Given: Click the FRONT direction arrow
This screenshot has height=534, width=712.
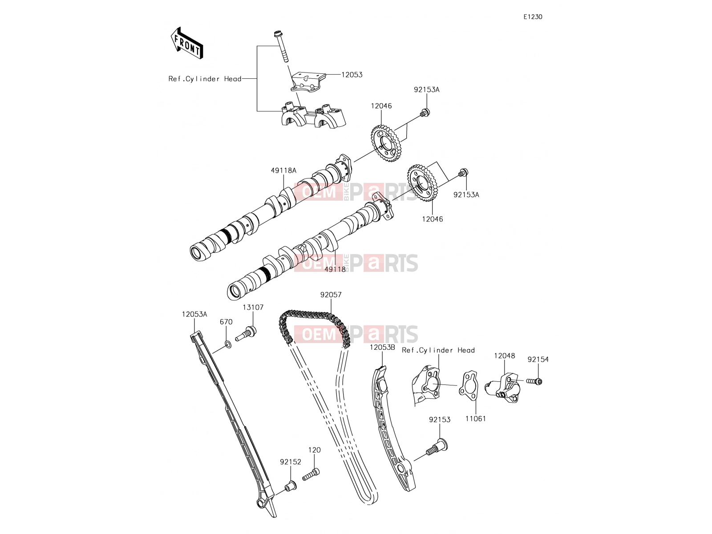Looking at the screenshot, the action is (187, 43).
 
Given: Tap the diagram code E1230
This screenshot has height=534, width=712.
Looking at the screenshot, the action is (533, 17).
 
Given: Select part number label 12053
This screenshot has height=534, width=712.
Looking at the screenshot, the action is (352, 75).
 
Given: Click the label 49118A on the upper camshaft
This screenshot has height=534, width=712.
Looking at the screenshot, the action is (284, 170).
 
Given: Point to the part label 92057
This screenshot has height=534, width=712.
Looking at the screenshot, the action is (331, 295).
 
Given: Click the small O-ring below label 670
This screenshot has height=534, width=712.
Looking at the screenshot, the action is (228, 344).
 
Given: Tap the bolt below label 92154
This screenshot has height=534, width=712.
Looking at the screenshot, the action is (534, 381).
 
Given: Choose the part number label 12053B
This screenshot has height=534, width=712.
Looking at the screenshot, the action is (382, 348).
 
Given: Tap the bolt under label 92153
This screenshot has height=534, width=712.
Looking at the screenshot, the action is (437, 448).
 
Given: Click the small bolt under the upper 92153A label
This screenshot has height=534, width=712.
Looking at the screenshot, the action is (425, 113).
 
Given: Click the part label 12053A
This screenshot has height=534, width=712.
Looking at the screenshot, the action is (194, 315).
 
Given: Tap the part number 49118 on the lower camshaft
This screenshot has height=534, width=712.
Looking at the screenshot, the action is (335, 269).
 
